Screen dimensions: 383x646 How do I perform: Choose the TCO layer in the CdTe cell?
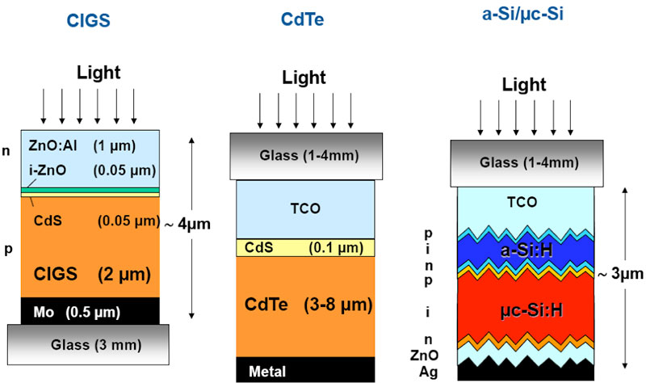click(304, 208)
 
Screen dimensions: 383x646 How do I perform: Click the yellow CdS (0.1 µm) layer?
click(305, 246)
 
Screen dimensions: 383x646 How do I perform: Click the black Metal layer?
click(304, 368)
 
